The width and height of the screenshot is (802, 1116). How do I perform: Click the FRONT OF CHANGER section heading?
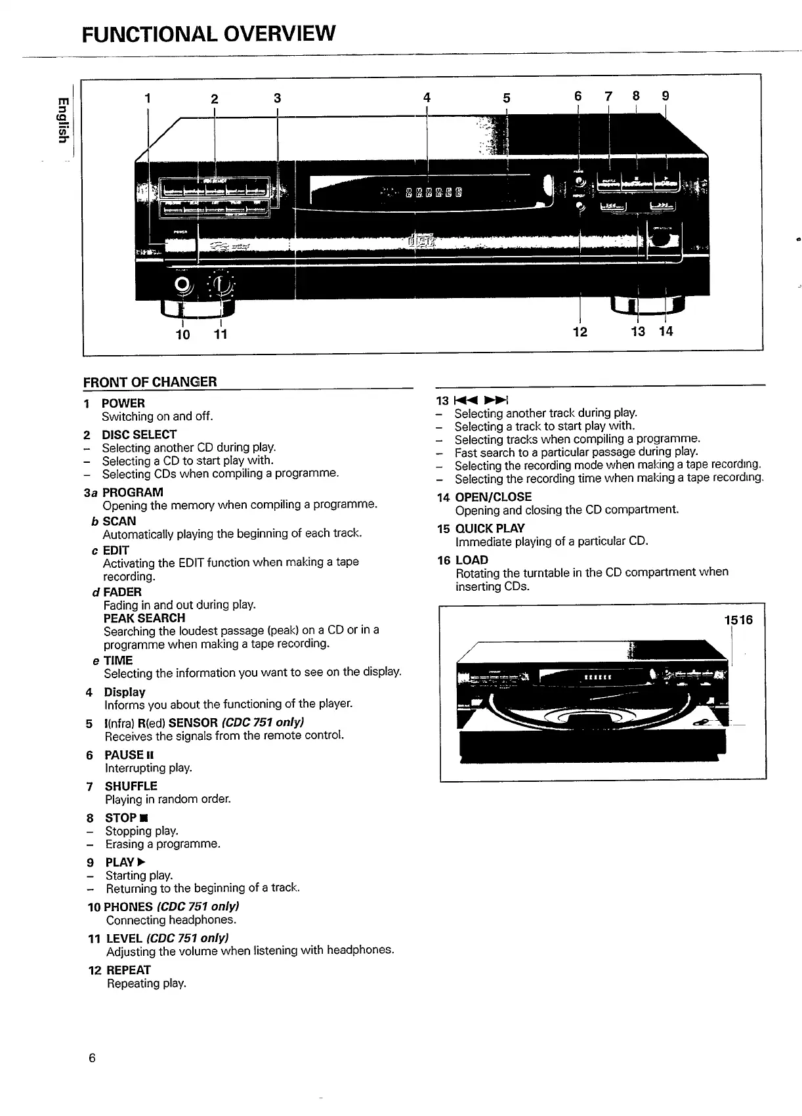pos(150,382)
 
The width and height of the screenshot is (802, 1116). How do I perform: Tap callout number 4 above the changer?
pos(427,98)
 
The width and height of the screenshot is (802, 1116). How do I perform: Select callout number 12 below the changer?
pos(580,332)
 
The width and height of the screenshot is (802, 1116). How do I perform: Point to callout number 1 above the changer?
pos(148,98)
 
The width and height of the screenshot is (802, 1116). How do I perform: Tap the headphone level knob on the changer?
pos(222,284)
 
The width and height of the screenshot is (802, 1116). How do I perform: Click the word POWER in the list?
pos(123,403)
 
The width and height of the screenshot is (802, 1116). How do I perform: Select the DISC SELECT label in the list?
pos(139,435)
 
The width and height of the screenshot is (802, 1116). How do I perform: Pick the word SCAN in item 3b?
pos(119,521)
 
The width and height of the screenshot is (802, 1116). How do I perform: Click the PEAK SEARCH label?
pos(144,618)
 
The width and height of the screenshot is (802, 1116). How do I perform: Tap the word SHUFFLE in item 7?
pos(131,786)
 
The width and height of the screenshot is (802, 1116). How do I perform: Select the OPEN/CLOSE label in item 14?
pos(494,497)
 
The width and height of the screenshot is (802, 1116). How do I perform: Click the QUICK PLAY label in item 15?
pos(490,528)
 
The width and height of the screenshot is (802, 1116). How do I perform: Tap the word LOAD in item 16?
pos(472,560)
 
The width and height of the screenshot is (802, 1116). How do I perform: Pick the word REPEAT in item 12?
pos(129,970)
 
